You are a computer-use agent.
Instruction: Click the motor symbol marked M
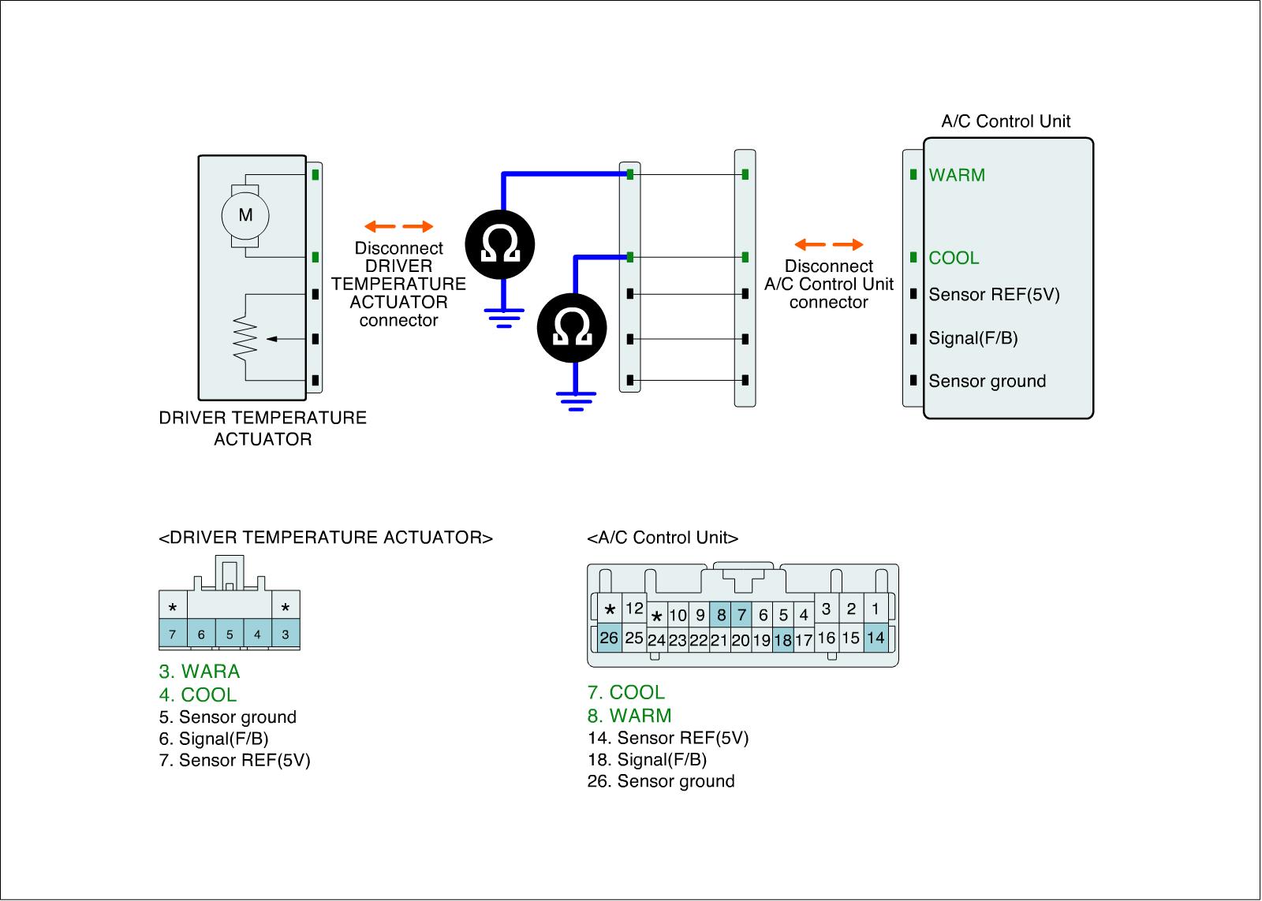(x=245, y=215)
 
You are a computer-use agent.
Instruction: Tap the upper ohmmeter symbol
(x=500, y=244)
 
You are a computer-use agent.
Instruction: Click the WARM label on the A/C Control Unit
(x=957, y=175)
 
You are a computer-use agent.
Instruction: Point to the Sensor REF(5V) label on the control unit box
(x=994, y=295)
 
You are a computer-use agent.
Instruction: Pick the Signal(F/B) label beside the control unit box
(x=973, y=338)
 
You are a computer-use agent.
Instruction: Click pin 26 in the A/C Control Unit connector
(x=609, y=637)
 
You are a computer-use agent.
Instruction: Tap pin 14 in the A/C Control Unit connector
(x=876, y=637)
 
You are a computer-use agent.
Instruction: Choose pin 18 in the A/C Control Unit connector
(x=782, y=640)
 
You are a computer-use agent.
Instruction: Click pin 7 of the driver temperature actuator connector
(x=173, y=634)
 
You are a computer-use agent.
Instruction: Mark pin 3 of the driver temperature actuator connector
(x=285, y=634)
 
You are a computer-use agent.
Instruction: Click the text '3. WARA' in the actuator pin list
(x=199, y=672)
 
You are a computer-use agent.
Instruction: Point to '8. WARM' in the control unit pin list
(x=629, y=716)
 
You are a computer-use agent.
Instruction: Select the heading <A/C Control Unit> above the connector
(x=663, y=538)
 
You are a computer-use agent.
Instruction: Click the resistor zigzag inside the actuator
(x=246, y=339)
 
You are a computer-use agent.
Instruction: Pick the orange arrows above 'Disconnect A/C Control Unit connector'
(x=828, y=245)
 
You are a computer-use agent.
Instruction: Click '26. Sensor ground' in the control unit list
(x=661, y=781)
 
